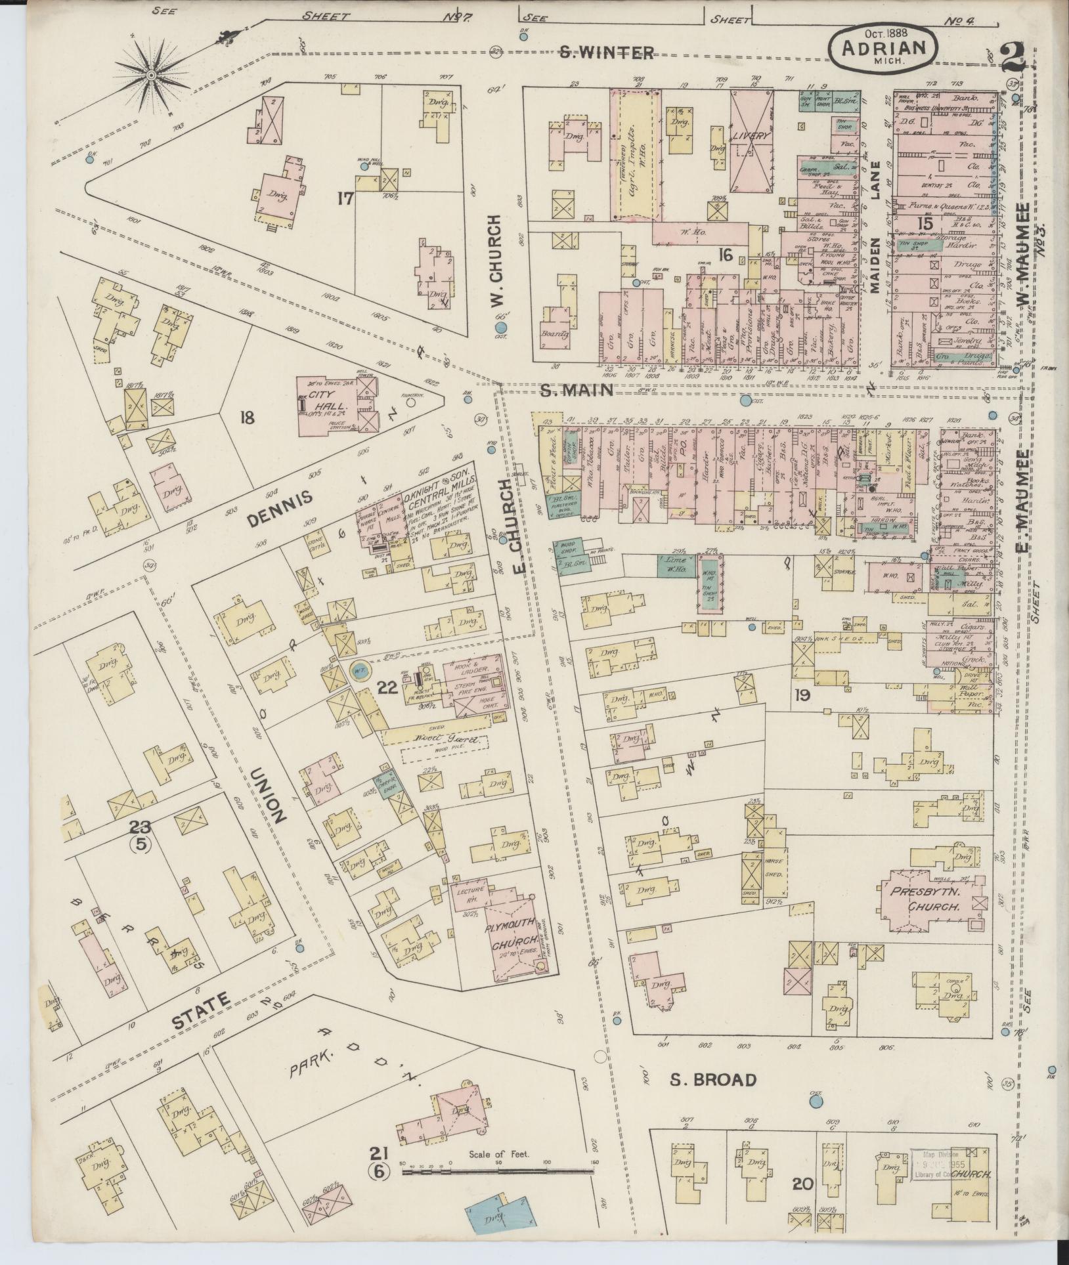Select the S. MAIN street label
tap(577, 391)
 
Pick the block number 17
tap(345, 198)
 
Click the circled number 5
tap(141, 844)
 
